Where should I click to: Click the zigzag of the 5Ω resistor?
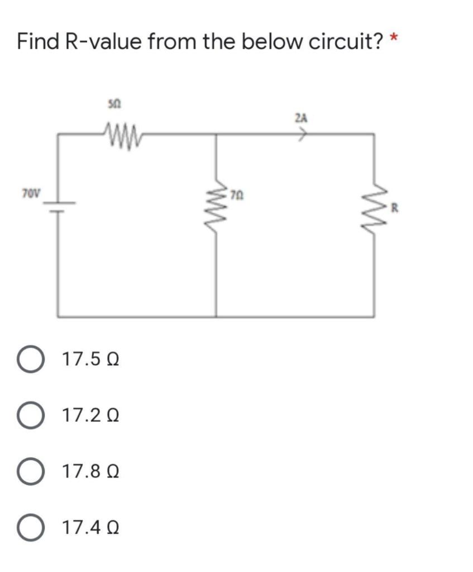pyautogui.click(x=120, y=134)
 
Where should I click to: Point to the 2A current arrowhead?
pyautogui.click(x=305, y=134)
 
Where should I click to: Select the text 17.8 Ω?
pyautogui.click(x=91, y=473)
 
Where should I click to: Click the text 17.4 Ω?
pyautogui.click(x=91, y=527)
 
